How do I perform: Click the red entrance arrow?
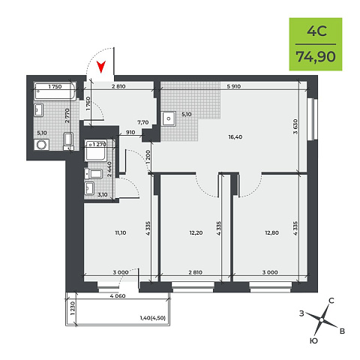[x=101, y=67]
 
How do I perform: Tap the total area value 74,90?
[x=316, y=56]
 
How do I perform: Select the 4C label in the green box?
[x=316, y=31]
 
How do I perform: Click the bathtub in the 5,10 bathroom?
[x=55, y=91]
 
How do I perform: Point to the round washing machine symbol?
[x=41, y=145]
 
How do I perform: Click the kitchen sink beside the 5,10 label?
[x=169, y=118]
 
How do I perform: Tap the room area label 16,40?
[x=235, y=137]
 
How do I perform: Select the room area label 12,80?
[x=271, y=232]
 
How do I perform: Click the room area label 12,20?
[x=196, y=232]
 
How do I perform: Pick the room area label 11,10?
[x=121, y=232]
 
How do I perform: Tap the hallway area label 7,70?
[x=143, y=122]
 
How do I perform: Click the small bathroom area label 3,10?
[x=102, y=194]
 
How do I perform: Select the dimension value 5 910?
[x=234, y=86]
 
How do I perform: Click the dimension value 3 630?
[x=295, y=127]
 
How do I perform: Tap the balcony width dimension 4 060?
[x=118, y=296]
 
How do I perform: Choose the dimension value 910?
[x=130, y=132]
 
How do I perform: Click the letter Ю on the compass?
[x=313, y=340]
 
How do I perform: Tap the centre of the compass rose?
[x=322, y=319]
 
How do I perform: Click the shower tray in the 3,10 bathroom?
[x=96, y=151]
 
